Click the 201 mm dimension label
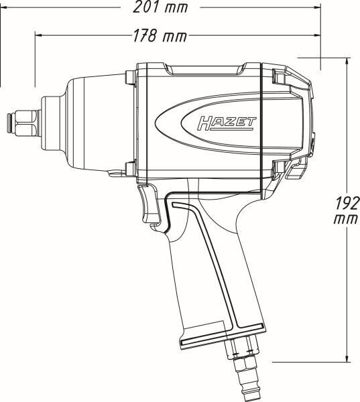click(x=160, y=7)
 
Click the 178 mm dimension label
click(x=160, y=36)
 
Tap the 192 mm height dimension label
click(x=347, y=210)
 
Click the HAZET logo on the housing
click(x=227, y=123)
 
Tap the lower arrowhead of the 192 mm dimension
click(x=347, y=358)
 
